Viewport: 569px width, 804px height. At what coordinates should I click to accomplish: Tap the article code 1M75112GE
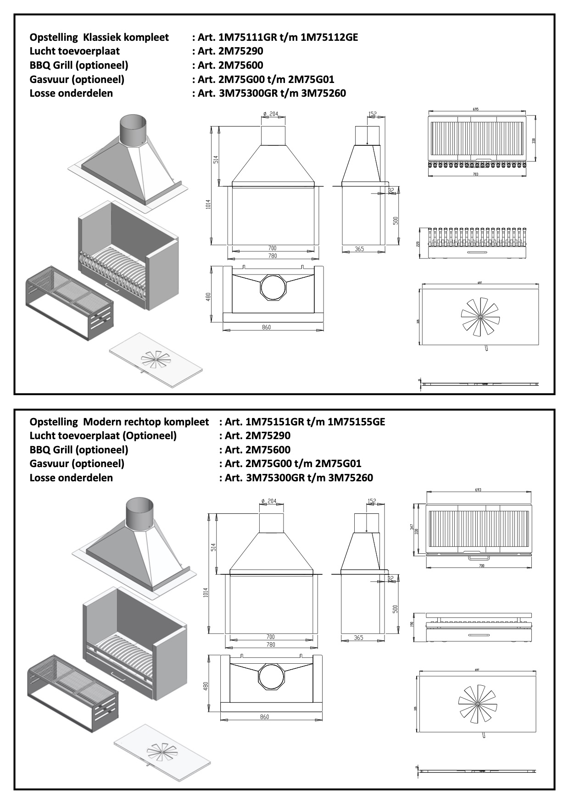[329, 37]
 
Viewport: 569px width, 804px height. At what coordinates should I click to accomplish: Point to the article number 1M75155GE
[356, 422]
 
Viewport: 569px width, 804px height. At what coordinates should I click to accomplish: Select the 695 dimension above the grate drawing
[475, 110]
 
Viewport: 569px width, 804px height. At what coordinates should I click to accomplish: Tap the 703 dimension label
[475, 174]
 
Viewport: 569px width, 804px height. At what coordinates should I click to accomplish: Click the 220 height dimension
[418, 244]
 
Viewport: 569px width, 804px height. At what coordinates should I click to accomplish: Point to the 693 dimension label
[478, 490]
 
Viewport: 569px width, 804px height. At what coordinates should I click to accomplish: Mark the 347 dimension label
[412, 528]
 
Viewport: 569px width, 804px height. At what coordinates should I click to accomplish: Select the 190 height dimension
[412, 624]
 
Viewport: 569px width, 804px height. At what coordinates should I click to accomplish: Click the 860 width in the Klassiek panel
[267, 327]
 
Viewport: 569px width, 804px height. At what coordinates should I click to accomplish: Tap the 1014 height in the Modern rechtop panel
[206, 592]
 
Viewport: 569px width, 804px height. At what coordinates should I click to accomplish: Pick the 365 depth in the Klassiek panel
[359, 249]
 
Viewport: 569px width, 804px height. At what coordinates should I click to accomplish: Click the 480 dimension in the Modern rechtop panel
[206, 686]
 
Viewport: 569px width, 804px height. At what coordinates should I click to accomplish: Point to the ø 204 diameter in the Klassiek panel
[271, 114]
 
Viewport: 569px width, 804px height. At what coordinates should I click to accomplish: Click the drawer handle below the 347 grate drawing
[479, 558]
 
